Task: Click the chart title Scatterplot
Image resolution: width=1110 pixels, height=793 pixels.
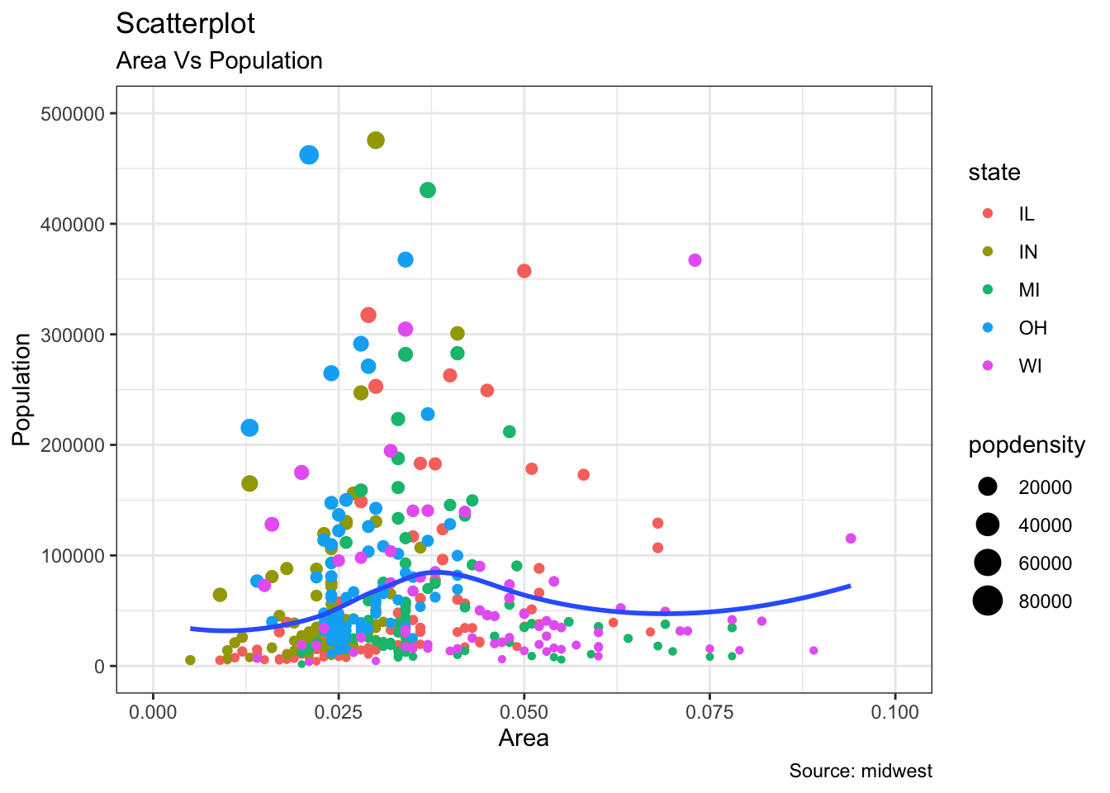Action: coord(186,24)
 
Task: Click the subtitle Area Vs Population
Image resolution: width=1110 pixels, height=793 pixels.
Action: coord(219,61)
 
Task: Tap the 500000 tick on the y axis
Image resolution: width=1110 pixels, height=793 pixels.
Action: coord(72,114)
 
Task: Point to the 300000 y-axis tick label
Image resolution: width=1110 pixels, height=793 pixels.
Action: coord(72,335)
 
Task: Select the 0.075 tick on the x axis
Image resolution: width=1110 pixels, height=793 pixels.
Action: coord(709,712)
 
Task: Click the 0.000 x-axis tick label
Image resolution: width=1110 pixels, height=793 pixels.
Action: coord(153,712)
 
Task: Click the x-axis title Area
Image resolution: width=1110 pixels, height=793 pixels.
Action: coord(524,738)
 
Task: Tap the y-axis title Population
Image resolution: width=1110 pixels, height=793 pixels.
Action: coord(21,389)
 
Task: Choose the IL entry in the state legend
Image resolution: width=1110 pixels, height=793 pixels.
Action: coord(1026,215)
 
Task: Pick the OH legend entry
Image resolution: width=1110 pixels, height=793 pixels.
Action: coord(1032,328)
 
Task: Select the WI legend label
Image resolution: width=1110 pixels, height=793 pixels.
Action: coord(1030,366)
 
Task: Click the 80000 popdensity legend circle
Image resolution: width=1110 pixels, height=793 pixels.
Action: coord(987,601)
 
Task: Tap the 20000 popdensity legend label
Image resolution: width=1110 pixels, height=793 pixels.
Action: coord(1045,487)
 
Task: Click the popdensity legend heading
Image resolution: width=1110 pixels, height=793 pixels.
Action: coord(1027,446)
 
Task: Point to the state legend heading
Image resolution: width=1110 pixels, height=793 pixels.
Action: coord(994,173)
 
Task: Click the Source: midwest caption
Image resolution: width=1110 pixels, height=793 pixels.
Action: coord(861,772)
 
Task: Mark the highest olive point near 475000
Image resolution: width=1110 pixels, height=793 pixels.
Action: coord(376,140)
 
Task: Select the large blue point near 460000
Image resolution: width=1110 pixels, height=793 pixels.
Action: coord(309,154)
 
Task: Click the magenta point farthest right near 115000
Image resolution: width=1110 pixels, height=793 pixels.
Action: coord(851,539)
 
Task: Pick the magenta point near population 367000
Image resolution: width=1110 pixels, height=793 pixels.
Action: coord(695,260)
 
